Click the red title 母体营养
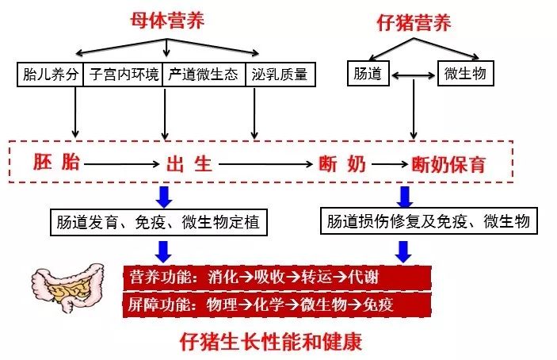pos(167,21)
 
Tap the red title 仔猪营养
pos(414,23)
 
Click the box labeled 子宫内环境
pos(122,75)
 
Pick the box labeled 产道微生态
pos(204,75)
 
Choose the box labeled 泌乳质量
pos(280,75)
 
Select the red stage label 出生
pos(190,164)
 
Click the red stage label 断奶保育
pos(449,164)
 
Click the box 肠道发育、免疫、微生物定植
pos(158,222)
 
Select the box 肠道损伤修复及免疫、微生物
pos(429,220)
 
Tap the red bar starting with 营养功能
pos(277,278)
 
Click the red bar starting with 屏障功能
pos(277,304)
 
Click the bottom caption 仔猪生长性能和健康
pos(271,342)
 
